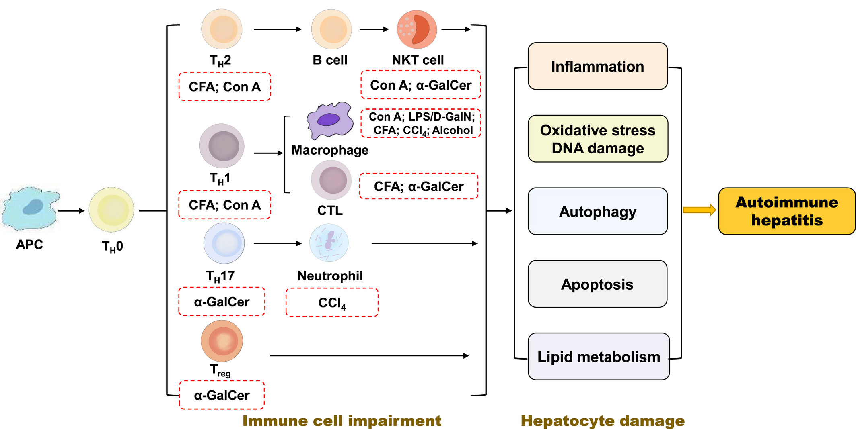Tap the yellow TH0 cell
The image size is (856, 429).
point(111,210)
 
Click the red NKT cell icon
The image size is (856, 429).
point(417,29)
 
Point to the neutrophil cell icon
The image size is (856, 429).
point(329,243)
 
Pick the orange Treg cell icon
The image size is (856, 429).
point(222,341)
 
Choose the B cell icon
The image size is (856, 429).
point(331,29)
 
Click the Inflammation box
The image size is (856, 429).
point(598,66)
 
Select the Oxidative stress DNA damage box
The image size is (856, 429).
point(598,139)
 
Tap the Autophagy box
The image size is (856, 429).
point(598,211)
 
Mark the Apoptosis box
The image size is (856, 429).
point(597,284)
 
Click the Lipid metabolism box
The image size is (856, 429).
point(599,356)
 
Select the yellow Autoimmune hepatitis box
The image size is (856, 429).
point(787,211)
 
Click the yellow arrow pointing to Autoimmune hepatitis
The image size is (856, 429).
point(700,210)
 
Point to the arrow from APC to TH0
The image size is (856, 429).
point(71,210)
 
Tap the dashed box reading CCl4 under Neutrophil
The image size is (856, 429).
point(332,302)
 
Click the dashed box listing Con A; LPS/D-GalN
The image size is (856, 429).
point(421,123)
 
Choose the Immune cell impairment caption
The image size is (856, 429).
point(342,421)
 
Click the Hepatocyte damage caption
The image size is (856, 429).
point(603,421)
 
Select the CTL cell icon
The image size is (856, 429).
point(331,180)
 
